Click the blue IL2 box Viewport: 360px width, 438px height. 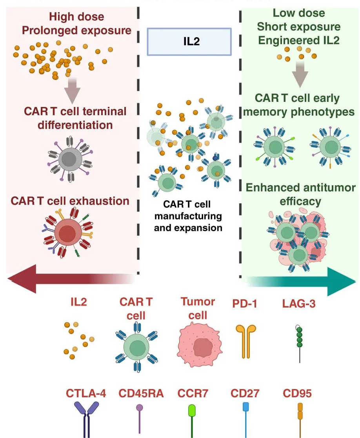(x=189, y=42)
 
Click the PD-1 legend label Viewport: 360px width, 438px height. (x=243, y=302)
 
